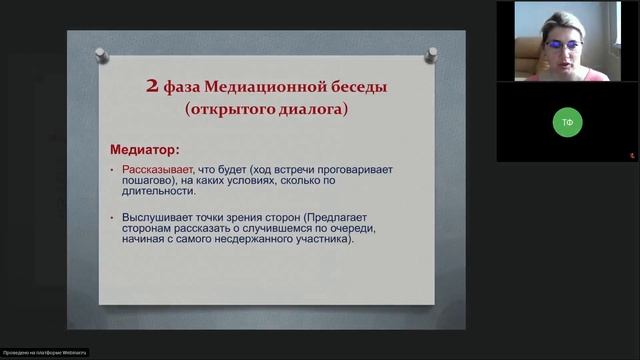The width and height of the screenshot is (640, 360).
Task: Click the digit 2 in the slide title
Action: pyautogui.click(x=152, y=87)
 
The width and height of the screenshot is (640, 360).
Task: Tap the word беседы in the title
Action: pyautogui.click(x=355, y=87)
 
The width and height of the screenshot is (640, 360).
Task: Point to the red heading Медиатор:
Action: pyautogui.click(x=144, y=150)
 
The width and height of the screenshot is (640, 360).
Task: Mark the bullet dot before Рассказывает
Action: pyautogui.click(x=115, y=171)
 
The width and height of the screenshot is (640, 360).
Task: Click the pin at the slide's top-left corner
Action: pyautogui.click(x=101, y=51)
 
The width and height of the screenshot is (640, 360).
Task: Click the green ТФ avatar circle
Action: pyautogui.click(x=568, y=122)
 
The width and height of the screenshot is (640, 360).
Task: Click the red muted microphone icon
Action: pyautogui.click(x=631, y=155)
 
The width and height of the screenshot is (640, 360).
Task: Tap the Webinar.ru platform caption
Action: pyautogui.click(x=45, y=352)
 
